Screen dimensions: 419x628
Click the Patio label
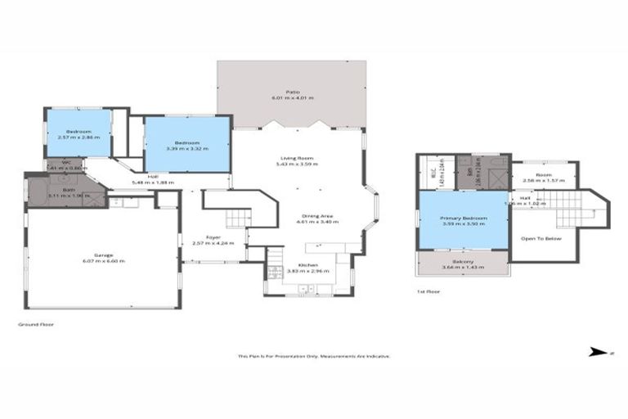pos(291,92)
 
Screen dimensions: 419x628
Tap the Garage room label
pos(103,255)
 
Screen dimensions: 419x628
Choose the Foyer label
pos(213,237)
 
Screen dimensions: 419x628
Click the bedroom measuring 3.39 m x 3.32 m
pos(187,145)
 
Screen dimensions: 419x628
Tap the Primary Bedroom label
pos(464,219)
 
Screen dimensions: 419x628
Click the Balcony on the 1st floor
pos(464,263)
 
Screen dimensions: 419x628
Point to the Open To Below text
pos(544,238)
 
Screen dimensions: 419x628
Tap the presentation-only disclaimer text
pos(313,356)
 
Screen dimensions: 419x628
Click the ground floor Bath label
pos(56,190)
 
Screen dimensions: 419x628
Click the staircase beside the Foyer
pos(236,217)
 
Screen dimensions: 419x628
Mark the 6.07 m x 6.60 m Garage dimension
pos(103,260)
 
